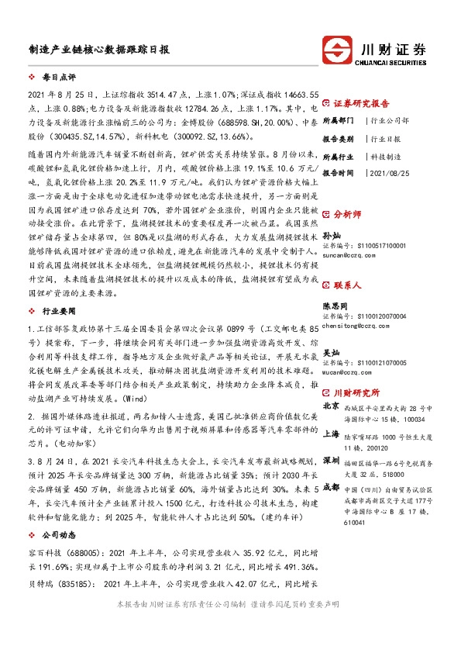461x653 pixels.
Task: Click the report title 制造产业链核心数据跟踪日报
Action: (99, 48)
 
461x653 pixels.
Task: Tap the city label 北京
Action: (331, 406)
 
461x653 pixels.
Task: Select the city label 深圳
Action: (331, 460)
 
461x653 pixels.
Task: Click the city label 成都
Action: (331, 486)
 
